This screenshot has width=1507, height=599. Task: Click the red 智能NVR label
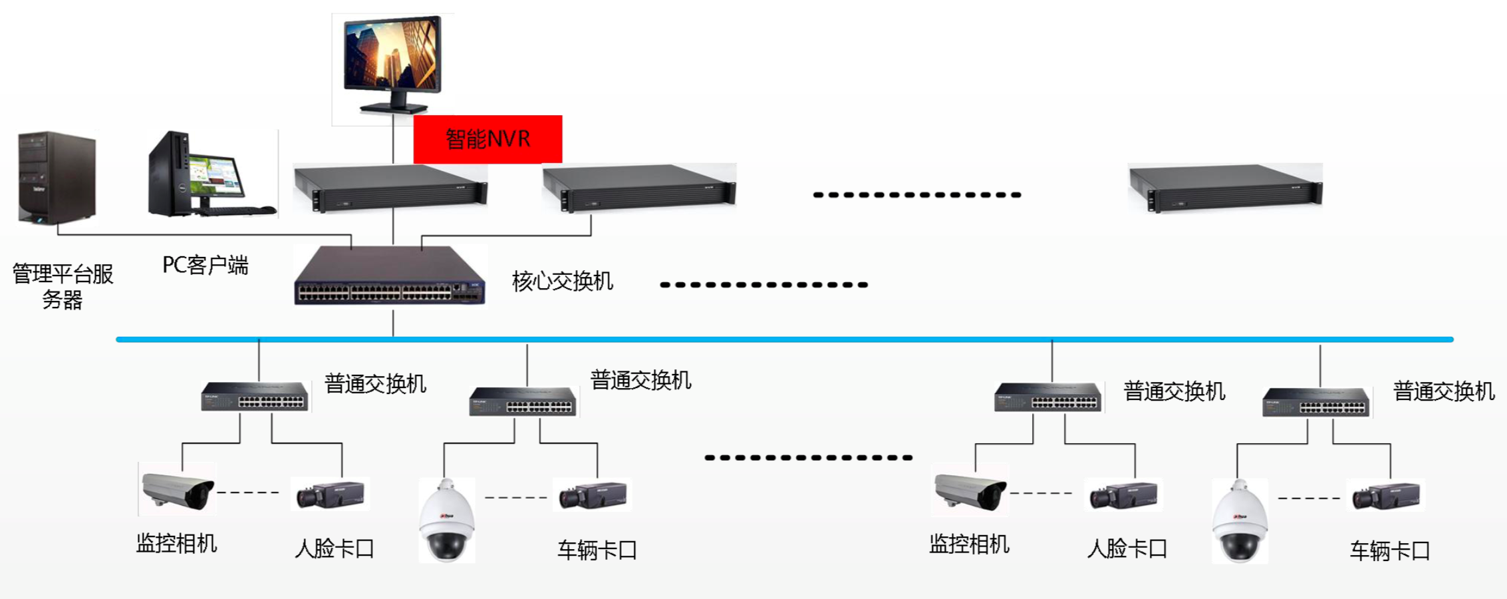487,139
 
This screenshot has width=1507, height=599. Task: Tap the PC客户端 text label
205,265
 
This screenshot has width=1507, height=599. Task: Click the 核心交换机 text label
562,281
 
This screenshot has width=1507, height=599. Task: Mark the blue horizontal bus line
785,339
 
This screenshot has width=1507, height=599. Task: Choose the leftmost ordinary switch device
255,397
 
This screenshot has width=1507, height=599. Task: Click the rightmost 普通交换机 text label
1443,391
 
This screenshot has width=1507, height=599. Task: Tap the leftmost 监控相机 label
176,544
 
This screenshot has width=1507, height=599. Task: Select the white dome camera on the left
447,520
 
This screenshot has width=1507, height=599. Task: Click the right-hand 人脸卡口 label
1127,548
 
